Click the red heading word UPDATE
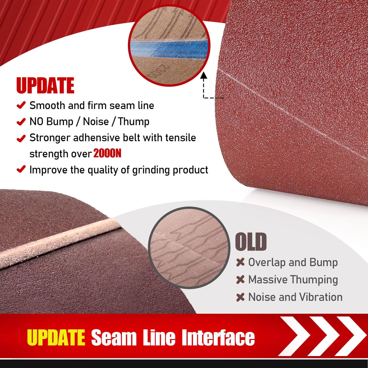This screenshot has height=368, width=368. click(x=45, y=86)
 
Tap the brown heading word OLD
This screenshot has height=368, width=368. click(x=251, y=242)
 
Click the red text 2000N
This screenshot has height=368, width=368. click(x=107, y=154)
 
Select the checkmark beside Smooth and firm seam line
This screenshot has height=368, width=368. click(x=21, y=105)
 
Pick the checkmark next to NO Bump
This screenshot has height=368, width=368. click(x=21, y=121)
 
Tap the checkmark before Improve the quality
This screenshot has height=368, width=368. click(x=21, y=169)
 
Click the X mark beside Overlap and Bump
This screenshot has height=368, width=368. click(x=240, y=262)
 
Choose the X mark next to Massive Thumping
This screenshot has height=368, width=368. click(x=240, y=280)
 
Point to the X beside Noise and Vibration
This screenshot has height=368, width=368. click(x=240, y=297)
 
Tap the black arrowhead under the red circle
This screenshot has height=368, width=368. click(x=203, y=75)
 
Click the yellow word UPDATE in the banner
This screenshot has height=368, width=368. click(x=56, y=337)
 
